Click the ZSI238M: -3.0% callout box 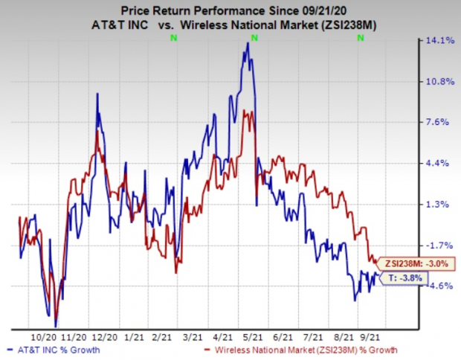click(413, 263)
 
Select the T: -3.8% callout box click(405, 277)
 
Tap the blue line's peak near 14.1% click(248, 43)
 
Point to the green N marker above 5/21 click(254, 36)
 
